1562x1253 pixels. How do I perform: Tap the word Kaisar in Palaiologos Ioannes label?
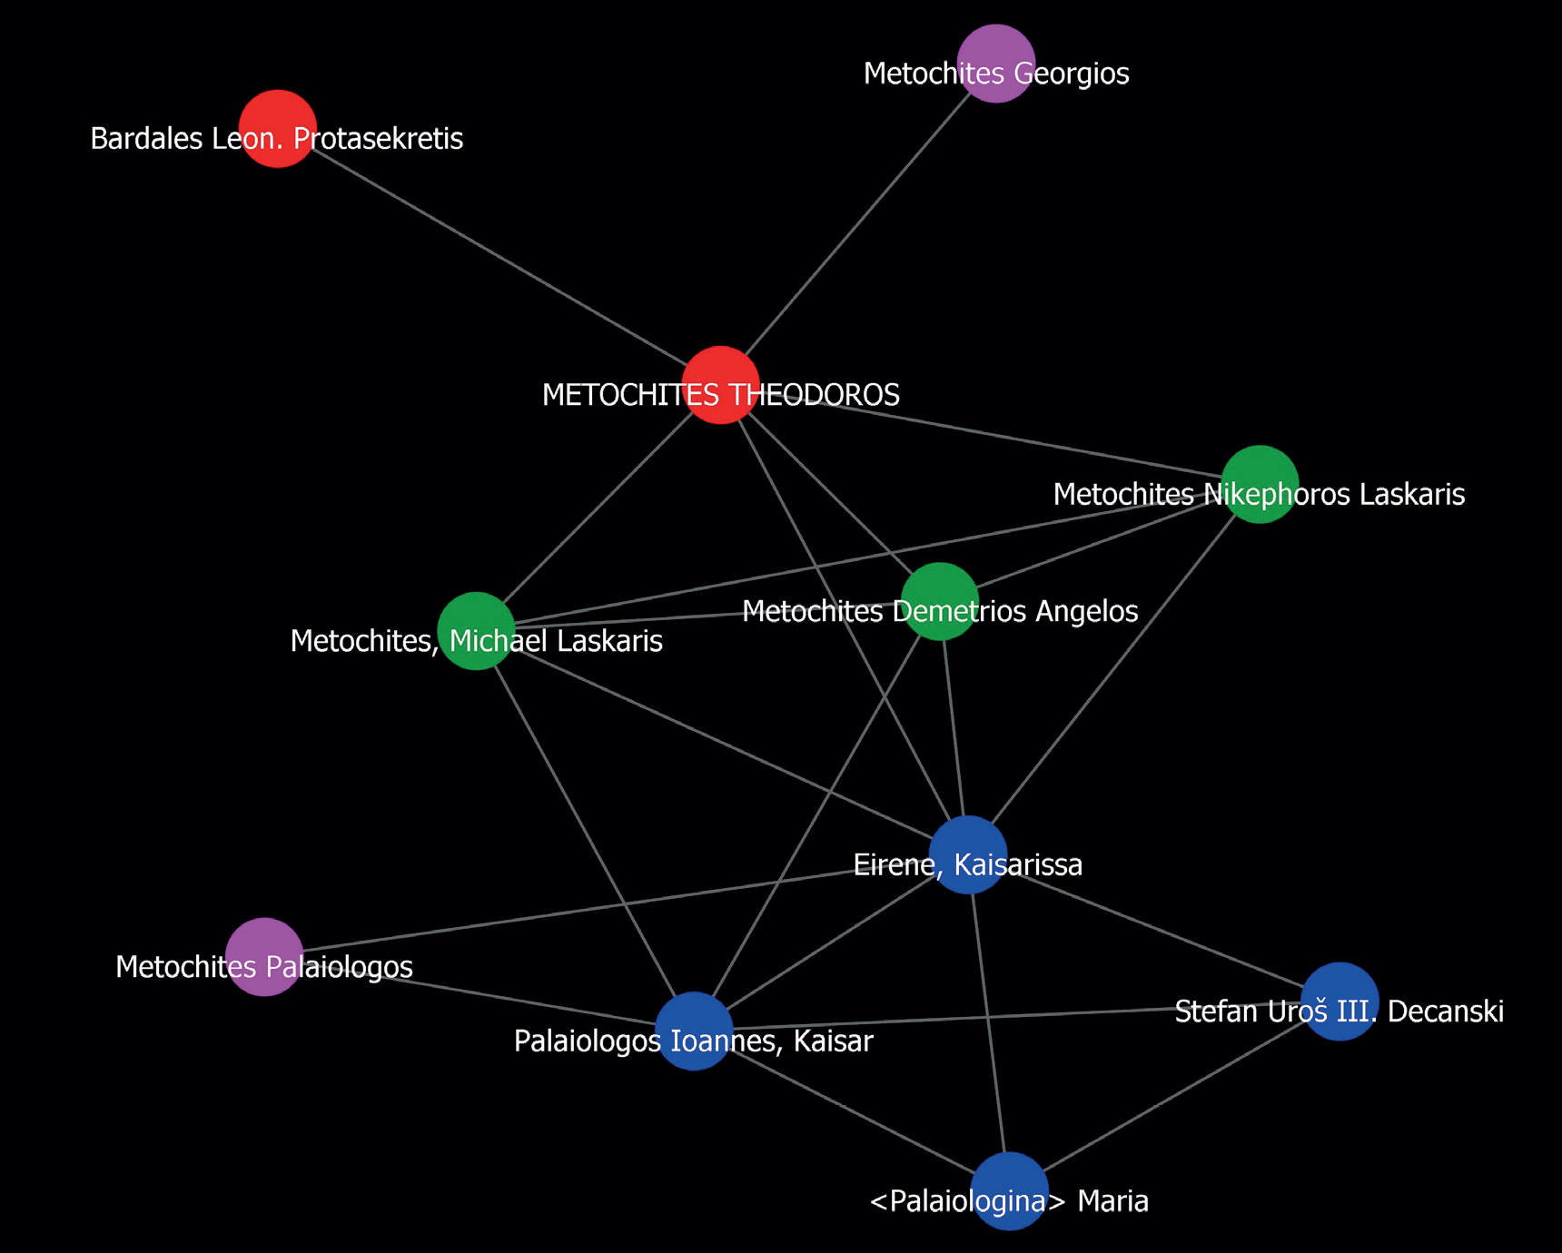click(833, 1041)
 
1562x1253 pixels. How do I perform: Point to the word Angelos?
click(1090, 612)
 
